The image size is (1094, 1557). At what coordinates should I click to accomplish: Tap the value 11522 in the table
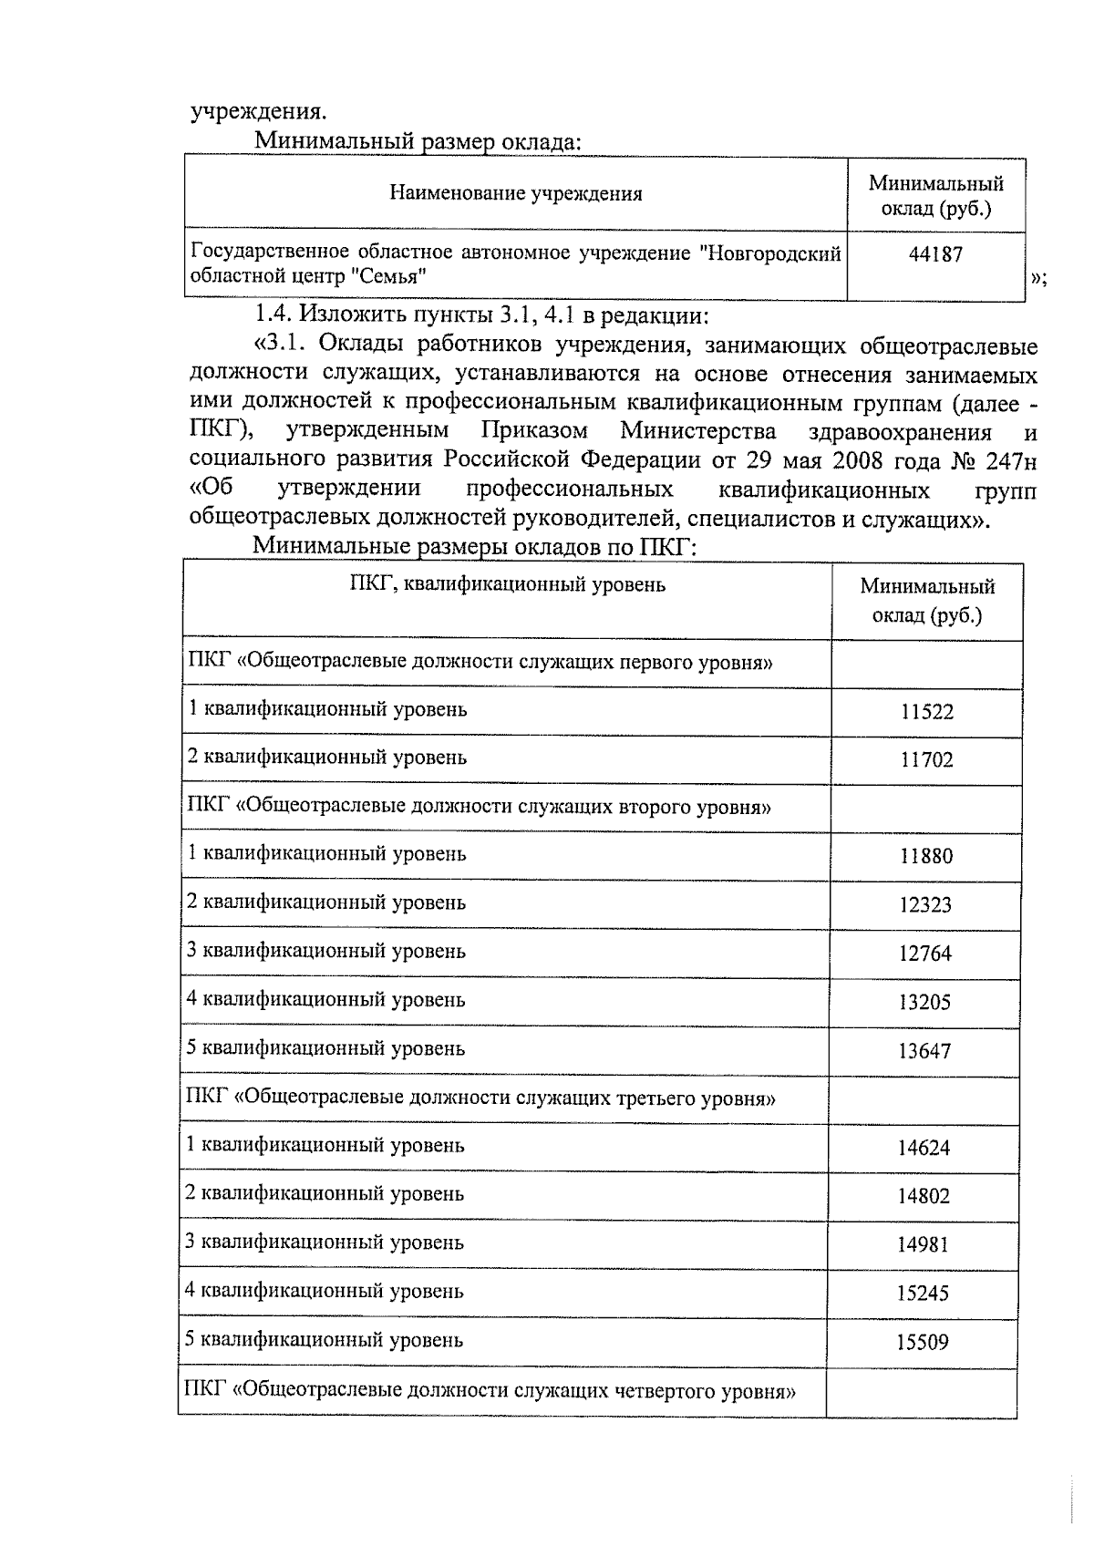[926, 712]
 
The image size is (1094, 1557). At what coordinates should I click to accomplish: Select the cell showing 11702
[926, 759]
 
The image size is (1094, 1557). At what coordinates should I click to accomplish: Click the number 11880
[925, 856]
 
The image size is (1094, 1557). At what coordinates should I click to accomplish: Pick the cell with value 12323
[925, 905]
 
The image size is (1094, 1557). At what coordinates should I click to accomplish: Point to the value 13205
[924, 1003]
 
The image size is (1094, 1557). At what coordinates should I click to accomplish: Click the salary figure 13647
[924, 1051]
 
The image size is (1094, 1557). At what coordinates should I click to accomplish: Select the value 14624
[924, 1148]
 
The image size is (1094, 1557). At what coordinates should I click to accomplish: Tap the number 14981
[923, 1244]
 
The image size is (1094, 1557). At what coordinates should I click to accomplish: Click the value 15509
[923, 1342]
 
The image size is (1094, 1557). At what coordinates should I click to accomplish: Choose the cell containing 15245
[923, 1294]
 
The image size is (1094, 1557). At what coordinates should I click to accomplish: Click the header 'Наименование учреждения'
[516, 193]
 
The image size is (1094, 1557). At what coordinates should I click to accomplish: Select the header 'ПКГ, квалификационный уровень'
[508, 584]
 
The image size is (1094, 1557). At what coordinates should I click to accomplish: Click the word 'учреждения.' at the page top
[258, 112]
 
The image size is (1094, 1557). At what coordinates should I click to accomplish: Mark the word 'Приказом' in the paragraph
[534, 431]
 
